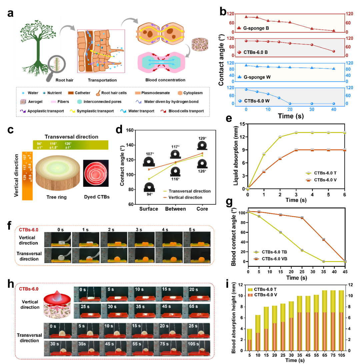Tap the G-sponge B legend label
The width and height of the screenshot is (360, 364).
coord(256,28)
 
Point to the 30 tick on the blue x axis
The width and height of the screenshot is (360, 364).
coord(312,110)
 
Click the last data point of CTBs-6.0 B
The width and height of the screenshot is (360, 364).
coord(334,51)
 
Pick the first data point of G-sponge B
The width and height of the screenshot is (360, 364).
coord(246,17)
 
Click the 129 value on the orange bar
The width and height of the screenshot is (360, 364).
coord(25,178)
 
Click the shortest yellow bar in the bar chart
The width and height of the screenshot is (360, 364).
coord(249,334)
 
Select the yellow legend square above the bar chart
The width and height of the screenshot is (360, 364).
coord(250,290)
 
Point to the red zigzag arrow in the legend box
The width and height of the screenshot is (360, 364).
coord(163,111)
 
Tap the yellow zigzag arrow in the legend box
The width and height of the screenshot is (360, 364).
coord(72,111)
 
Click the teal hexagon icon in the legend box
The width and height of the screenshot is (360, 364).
coord(79,102)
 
